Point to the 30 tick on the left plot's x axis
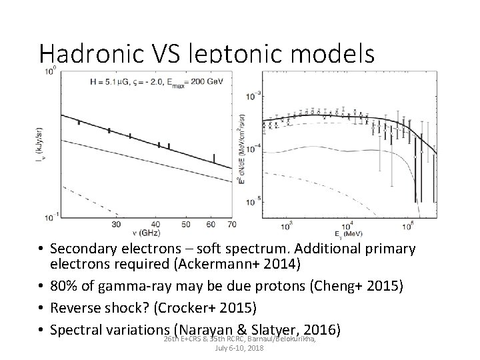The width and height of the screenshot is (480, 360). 117,225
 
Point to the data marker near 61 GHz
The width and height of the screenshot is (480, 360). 213,158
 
